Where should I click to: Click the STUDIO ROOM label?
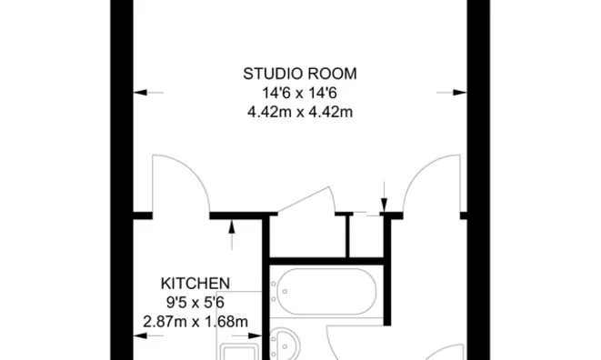click(299, 74)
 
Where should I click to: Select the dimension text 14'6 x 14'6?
click(299, 93)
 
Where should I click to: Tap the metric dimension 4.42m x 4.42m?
click(299, 112)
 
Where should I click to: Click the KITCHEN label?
click(195, 283)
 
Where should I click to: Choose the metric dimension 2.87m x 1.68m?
click(195, 321)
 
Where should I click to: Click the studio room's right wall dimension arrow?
click(447, 92)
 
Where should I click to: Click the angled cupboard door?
click(306, 202)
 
